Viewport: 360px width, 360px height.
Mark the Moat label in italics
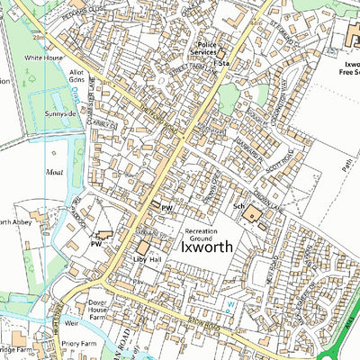(55, 167)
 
